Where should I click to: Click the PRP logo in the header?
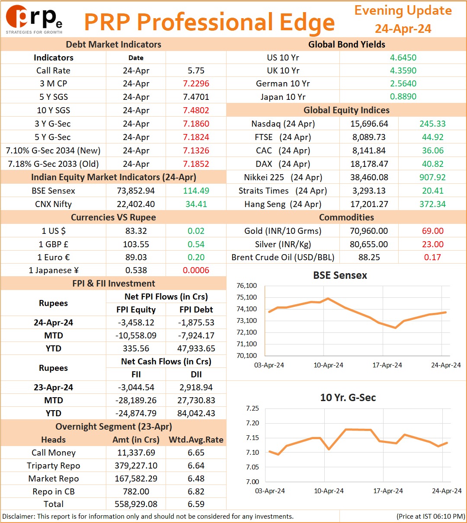pos(34,19)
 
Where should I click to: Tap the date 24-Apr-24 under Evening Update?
pos(403,29)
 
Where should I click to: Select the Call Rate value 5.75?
pos(196,70)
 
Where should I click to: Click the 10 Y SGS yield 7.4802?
pos(196,110)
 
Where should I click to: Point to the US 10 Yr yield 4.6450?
pos(403,57)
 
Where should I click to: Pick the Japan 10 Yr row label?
pos(283,97)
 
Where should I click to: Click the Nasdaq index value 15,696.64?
pos(369,124)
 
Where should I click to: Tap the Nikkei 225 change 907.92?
pos(432,177)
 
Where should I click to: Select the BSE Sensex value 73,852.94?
pos(136,191)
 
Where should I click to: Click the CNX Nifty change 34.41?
pos(196,204)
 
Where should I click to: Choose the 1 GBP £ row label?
pos(54,244)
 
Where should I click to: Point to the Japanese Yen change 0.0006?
pos(196,270)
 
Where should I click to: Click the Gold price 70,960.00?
pos(369,231)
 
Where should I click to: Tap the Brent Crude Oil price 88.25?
pos(369,257)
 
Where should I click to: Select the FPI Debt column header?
pos(196,309)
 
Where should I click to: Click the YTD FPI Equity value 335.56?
pos(136,348)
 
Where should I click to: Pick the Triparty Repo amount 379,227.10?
pos(136,466)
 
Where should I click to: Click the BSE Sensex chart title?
pos(340,275)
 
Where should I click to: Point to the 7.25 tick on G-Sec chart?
pos(253,408)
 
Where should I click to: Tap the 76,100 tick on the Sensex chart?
pos(246,286)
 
